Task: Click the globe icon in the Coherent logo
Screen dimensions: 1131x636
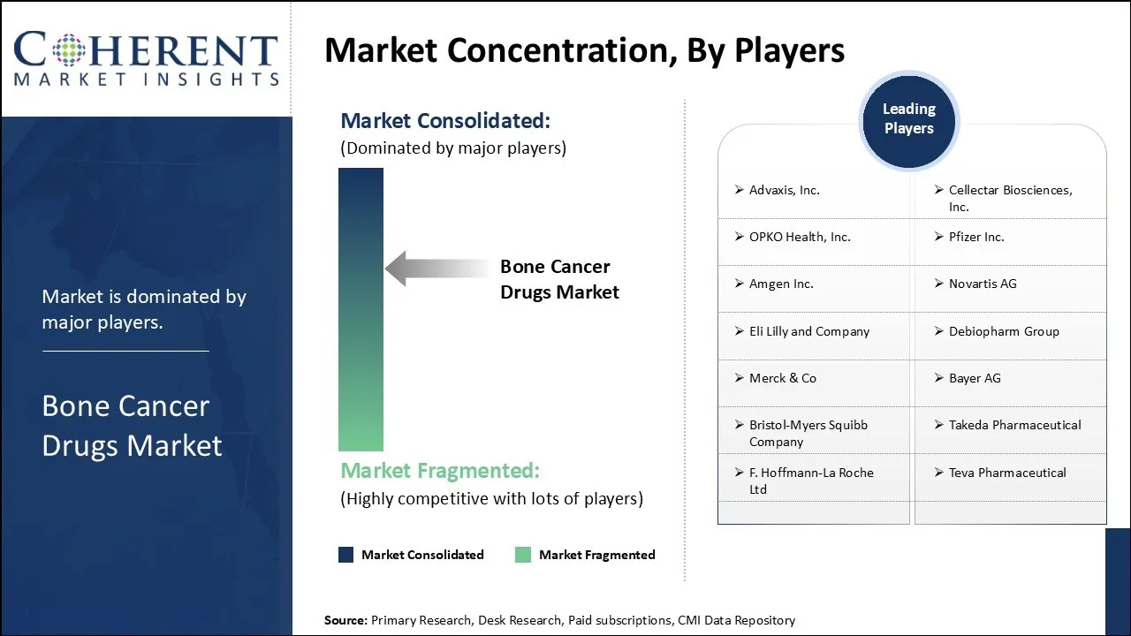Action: tap(69, 50)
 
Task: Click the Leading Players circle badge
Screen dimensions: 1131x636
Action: tap(909, 121)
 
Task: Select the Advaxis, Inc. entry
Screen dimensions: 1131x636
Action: tap(784, 190)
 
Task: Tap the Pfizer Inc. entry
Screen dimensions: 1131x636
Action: tap(976, 237)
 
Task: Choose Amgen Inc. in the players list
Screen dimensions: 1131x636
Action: tap(781, 284)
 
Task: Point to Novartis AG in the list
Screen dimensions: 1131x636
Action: tap(983, 284)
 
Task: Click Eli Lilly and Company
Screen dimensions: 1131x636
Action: tap(809, 331)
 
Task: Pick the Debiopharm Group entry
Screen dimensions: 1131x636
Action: tap(1004, 331)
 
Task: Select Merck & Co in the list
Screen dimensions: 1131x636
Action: tap(783, 378)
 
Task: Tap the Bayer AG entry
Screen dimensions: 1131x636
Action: tap(975, 378)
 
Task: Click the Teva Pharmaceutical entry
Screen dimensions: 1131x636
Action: tap(1007, 473)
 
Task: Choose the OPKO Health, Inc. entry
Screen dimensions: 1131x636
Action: tap(800, 237)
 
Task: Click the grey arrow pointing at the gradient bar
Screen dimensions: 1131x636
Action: tap(437, 269)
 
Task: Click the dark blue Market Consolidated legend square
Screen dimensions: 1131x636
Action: tap(345, 555)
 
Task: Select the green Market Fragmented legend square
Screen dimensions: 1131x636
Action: tap(523, 555)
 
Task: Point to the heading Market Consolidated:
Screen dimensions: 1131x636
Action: tap(445, 121)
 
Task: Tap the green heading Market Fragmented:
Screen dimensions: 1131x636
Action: tap(440, 471)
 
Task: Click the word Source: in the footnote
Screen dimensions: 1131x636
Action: tap(345, 620)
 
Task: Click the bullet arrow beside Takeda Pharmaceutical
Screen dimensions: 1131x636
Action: tap(939, 425)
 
